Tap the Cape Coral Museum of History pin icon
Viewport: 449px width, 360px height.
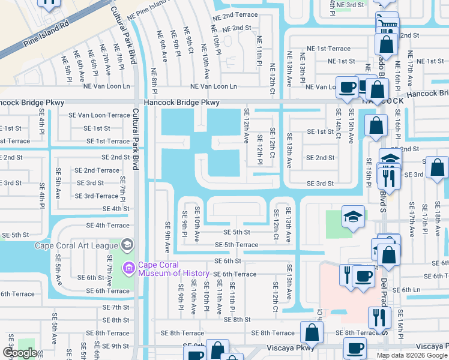point(128,267)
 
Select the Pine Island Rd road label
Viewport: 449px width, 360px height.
point(47,35)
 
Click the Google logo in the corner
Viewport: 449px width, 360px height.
point(20,353)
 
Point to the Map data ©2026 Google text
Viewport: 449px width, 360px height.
point(411,355)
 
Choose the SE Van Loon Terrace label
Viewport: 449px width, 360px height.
point(99,115)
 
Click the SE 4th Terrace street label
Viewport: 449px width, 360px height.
point(108,226)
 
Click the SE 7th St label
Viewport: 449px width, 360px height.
point(116,307)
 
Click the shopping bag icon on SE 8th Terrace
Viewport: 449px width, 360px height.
point(312,332)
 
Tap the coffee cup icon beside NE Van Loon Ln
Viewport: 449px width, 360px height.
point(346,87)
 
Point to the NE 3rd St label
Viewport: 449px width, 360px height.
point(350,5)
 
